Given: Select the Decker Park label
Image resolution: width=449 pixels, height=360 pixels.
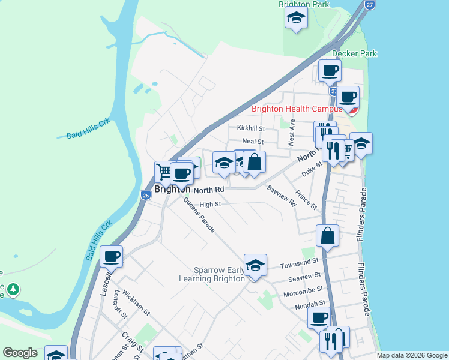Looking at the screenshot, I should pos(354,53).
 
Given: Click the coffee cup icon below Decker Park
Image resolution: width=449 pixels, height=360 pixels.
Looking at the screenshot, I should pos(330,71).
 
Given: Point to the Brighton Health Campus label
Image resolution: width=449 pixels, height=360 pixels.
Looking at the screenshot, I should pos(297,109).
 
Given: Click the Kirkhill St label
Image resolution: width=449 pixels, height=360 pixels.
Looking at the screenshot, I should pos(251,128).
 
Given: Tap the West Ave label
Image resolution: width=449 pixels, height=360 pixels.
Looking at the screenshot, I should pos(292,133).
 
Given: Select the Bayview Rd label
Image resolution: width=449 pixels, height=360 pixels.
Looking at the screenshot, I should pos(282,196).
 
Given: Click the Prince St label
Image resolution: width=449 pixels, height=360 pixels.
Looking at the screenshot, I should pos(306,200).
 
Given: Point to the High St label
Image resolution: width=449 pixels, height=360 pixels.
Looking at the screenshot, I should pos(210,204).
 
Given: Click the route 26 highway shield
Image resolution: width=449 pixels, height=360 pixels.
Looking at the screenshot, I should pos(146,195).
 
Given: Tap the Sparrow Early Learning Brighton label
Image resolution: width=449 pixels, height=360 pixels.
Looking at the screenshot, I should pos(212,274).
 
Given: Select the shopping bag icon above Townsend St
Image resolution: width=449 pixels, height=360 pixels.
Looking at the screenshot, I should pos(328,236).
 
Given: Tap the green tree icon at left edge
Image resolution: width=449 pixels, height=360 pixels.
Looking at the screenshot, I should pos(12,290).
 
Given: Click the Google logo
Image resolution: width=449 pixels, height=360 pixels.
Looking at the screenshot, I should pos(20,353).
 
